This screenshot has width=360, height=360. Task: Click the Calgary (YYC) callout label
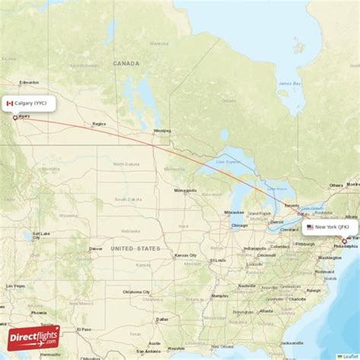coord(28,103)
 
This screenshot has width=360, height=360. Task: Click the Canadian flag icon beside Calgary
coord(10,103)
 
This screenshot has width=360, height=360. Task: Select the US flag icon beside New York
coord(310,227)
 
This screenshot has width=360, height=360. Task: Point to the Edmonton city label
coord(30,82)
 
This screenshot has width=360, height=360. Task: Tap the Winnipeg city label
coord(162,131)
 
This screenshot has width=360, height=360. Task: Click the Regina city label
coord(99,124)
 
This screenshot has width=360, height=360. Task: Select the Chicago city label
coord(239,226)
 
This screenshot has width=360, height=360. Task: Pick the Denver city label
coord(96,248)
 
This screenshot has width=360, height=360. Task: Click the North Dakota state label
coord(123,163)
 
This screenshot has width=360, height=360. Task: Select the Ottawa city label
coord(336,185)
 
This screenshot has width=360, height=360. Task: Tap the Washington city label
coord(330,258)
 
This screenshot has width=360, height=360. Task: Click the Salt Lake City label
coord(36,234)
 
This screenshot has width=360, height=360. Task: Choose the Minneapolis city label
coord(187,190)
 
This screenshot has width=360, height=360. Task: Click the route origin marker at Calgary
coord(14,118)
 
